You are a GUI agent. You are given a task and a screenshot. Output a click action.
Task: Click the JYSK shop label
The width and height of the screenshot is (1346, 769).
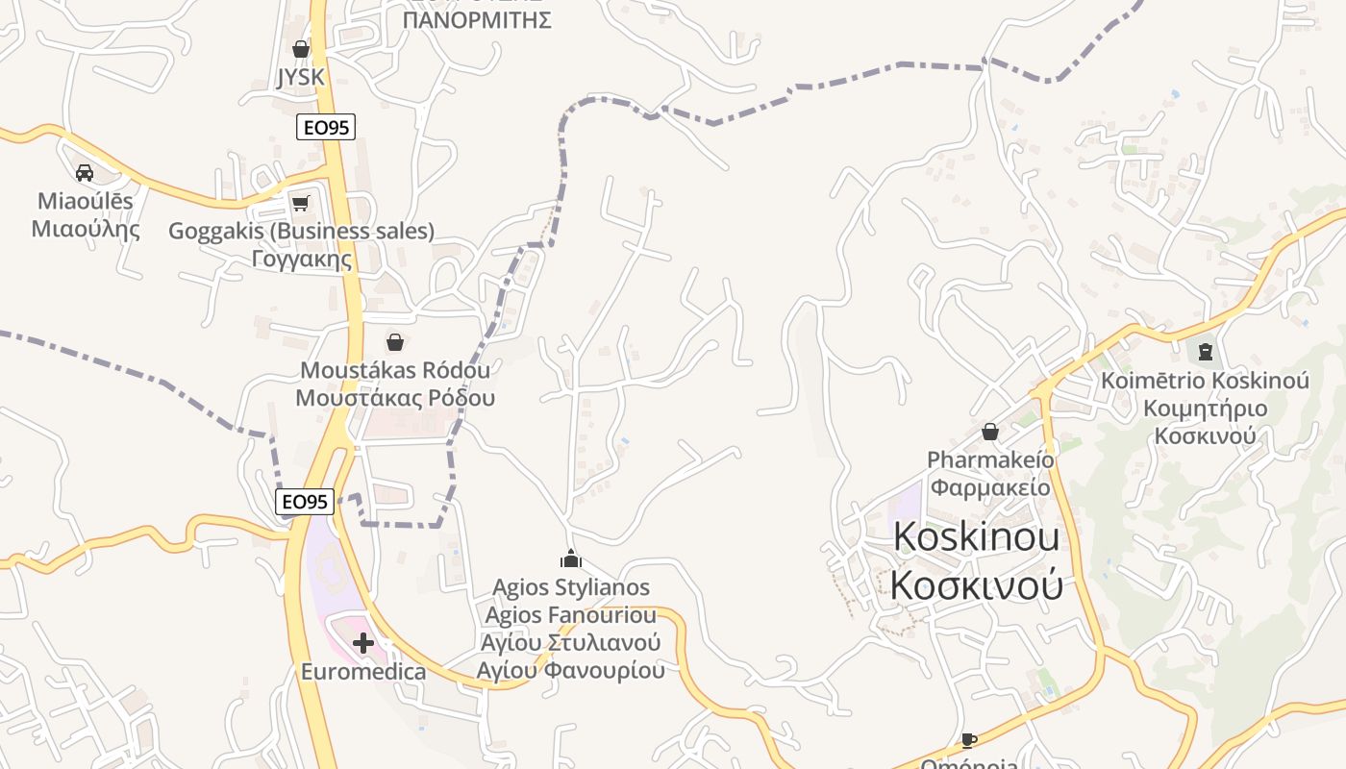(301, 77)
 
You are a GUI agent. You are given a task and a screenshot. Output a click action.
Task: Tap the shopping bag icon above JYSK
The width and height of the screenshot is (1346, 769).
(301, 49)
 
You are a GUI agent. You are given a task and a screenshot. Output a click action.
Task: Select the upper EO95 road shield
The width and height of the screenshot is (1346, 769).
(326, 127)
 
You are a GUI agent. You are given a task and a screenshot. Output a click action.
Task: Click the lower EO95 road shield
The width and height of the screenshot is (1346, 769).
(305, 502)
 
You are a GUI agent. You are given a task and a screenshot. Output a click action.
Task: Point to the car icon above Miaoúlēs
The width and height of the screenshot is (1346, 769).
(85, 173)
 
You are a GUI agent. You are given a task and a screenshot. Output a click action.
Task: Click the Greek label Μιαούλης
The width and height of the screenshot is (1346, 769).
(86, 230)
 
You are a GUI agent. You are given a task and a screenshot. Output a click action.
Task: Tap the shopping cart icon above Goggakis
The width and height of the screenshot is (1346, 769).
(301, 203)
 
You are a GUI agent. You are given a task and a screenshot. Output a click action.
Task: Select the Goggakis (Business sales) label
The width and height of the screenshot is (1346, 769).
(301, 232)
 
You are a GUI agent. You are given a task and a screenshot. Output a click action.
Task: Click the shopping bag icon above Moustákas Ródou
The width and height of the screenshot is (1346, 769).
(394, 342)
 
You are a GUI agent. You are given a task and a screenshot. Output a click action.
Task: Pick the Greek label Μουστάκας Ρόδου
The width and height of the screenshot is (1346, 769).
(394, 398)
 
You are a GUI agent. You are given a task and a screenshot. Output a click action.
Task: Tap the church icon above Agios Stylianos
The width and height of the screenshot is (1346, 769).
(571, 558)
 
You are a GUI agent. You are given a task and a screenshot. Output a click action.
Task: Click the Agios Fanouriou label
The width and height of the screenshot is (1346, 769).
(571, 615)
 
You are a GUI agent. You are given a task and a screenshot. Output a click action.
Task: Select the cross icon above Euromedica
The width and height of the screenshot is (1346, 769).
(363, 643)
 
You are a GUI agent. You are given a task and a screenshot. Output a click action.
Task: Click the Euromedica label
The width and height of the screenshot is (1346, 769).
(363, 671)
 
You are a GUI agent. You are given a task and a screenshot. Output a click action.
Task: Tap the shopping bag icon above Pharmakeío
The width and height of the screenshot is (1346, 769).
(990, 432)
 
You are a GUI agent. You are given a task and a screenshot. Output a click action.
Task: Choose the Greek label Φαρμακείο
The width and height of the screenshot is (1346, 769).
(990, 487)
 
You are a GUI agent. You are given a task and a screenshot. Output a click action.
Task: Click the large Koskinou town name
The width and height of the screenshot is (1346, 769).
(977, 537)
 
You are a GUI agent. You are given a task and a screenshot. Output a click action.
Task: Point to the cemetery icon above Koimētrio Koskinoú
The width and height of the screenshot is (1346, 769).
(1206, 351)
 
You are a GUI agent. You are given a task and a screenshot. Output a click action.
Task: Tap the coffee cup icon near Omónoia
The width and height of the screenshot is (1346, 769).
(968, 739)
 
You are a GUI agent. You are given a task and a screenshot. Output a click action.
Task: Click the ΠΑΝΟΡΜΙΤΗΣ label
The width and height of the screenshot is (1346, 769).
(477, 20)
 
